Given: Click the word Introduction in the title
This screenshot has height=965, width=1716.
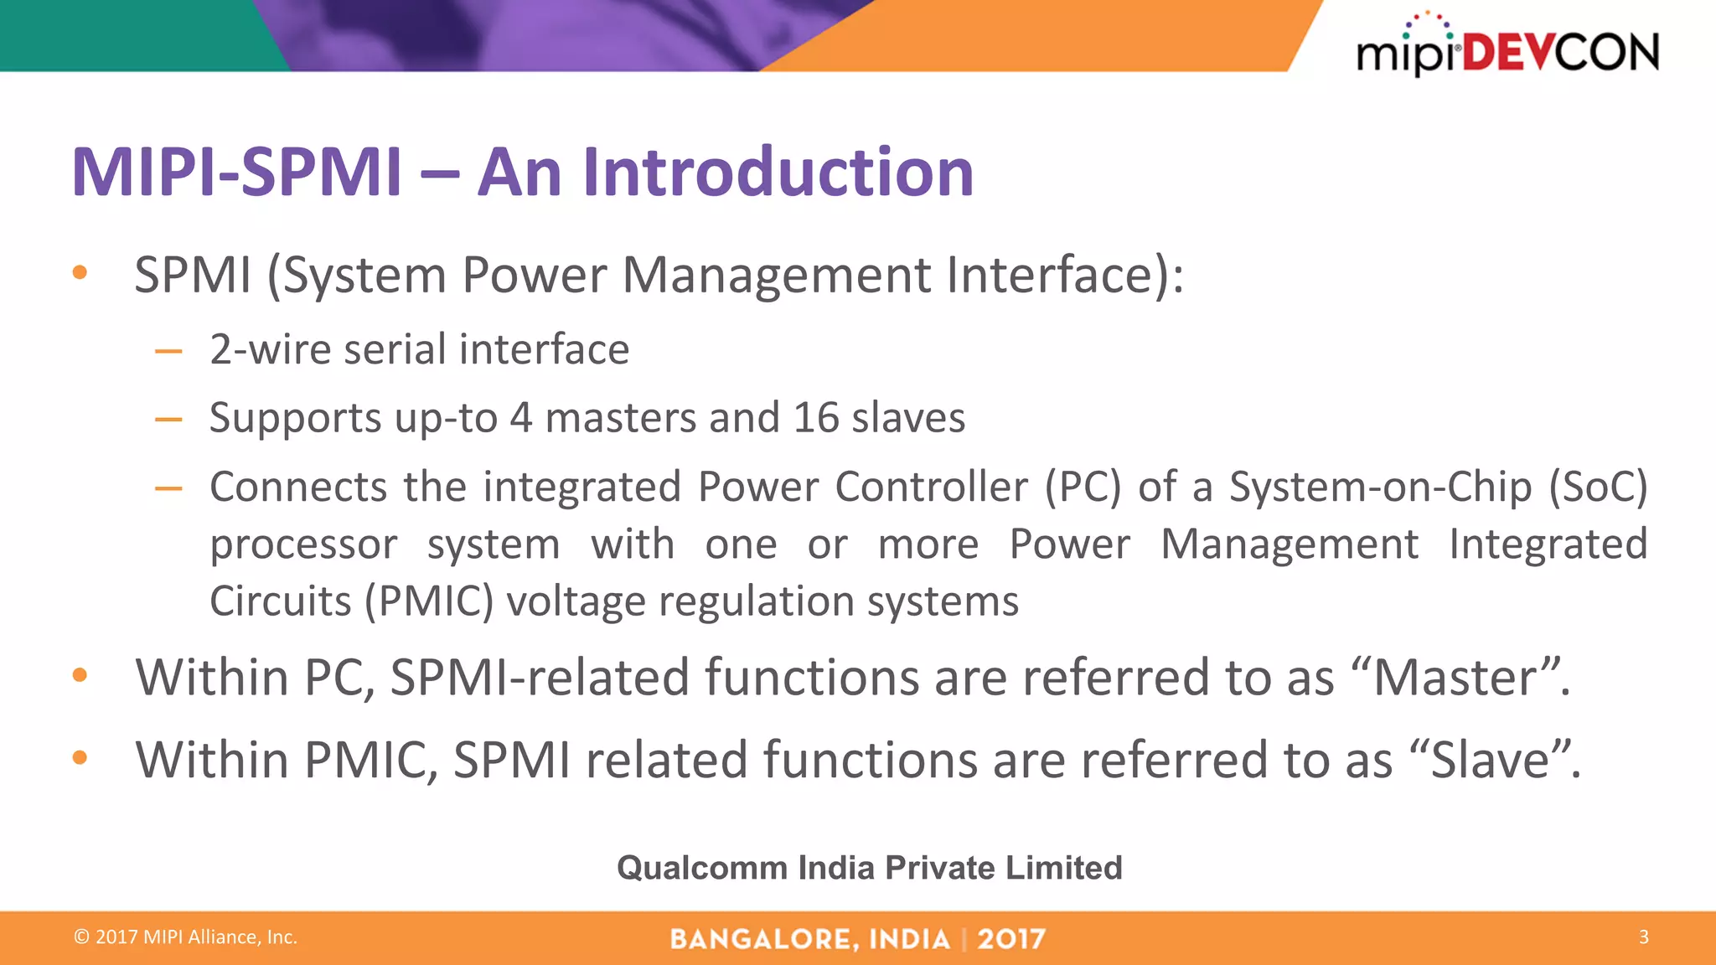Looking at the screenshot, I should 778,172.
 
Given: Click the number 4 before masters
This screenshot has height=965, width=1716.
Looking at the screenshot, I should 520,417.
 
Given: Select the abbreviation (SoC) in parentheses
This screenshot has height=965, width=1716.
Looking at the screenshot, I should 1598,487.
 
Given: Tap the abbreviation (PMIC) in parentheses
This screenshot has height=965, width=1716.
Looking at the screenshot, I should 428,601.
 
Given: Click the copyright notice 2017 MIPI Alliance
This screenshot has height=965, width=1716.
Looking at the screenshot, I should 186,937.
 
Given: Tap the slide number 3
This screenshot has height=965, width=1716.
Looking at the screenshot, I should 1643,937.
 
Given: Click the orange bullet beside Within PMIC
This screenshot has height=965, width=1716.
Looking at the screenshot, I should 80,758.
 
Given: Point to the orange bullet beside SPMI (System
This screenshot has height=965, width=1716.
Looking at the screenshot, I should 80,272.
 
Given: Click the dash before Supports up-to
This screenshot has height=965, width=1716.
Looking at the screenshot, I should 168,419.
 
